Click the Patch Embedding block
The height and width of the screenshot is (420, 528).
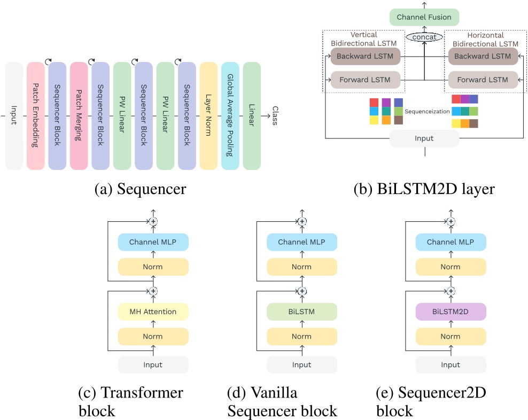click(x=35, y=116)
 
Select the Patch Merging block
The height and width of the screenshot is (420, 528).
click(x=79, y=116)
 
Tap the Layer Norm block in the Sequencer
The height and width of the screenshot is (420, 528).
click(x=208, y=116)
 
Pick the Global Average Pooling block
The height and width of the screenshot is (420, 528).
click(x=230, y=116)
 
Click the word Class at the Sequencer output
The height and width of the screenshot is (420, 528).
click(x=275, y=116)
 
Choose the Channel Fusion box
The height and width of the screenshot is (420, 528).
click(x=424, y=17)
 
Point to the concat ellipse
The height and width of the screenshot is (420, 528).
click(x=424, y=37)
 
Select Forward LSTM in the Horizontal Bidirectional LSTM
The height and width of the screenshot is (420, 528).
click(x=483, y=80)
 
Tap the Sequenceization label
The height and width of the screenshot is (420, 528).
click(x=426, y=112)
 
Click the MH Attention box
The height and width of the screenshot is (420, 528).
click(x=153, y=312)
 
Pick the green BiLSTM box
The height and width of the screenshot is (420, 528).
click(x=302, y=312)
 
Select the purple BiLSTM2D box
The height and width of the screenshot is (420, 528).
click(x=451, y=312)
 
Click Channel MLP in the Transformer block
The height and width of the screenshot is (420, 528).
click(x=153, y=243)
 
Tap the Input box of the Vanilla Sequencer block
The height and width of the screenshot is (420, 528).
click(x=302, y=365)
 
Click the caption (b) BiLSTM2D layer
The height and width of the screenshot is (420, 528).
click(x=424, y=189)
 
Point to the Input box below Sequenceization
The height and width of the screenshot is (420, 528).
click(x=424, y=138)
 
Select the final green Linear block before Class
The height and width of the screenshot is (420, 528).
click(x=252, y=116)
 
